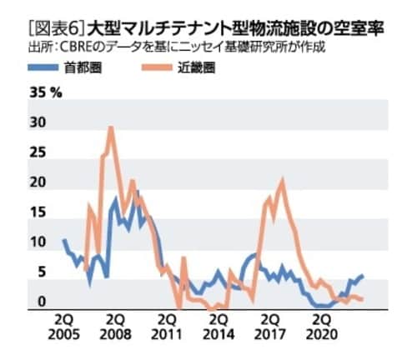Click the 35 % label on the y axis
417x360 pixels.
47,92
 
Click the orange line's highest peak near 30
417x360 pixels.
111,127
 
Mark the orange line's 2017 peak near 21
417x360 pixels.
282,181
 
